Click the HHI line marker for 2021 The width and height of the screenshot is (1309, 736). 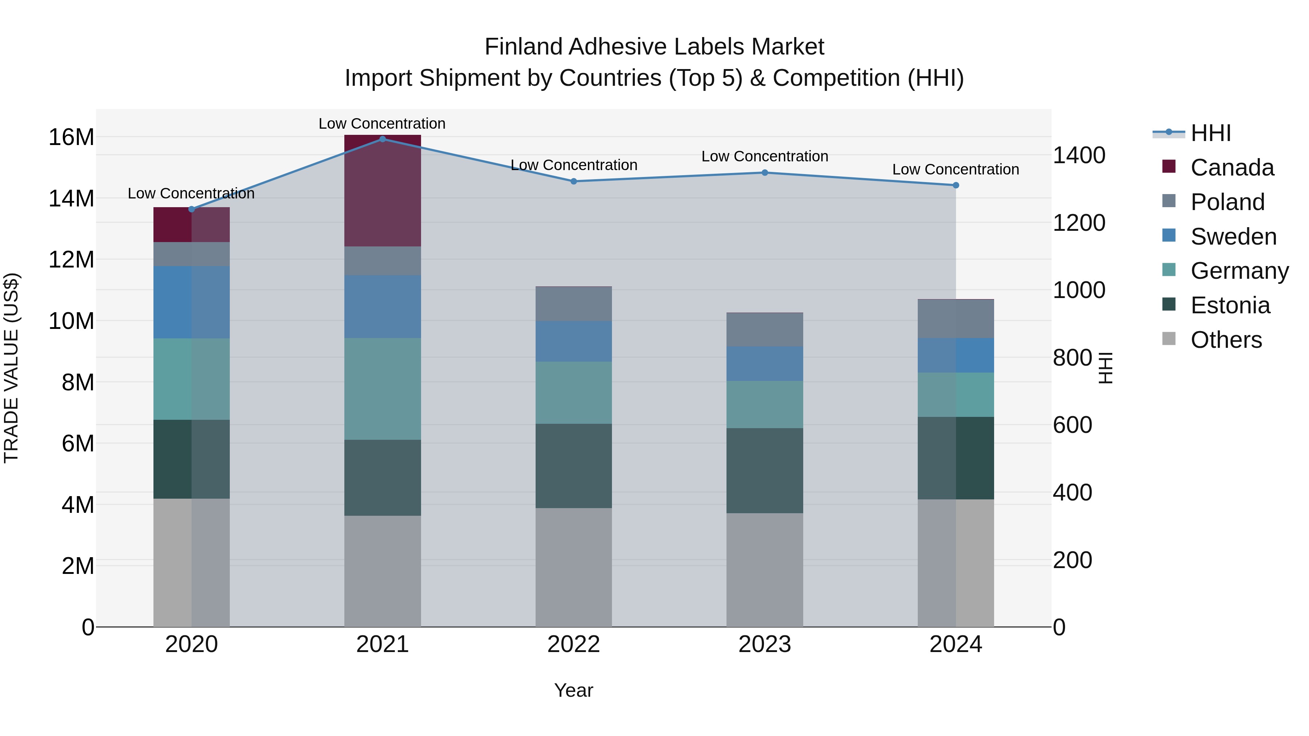383,139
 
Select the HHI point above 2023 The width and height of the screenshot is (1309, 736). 765,173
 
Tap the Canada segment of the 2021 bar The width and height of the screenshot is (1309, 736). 383,191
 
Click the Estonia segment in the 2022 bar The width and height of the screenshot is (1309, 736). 574,466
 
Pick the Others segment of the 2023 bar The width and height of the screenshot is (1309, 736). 765,570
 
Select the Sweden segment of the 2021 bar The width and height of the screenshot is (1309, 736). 383,307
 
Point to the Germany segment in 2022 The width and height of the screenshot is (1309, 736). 574,393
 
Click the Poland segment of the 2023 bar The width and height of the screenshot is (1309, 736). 765,330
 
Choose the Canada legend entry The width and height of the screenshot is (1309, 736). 1232,168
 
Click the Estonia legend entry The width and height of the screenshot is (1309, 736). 1230,305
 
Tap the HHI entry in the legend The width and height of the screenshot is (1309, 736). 1210,133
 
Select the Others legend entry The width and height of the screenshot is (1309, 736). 1226,340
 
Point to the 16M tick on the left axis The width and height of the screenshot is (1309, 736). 71,137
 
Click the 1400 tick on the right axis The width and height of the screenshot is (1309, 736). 1079,156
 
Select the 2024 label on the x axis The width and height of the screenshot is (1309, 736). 955,644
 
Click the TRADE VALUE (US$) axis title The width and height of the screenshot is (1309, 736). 11,368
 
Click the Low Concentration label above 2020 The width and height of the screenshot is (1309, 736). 191,193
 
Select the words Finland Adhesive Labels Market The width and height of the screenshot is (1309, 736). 654,47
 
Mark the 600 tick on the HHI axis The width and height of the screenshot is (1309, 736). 1072,425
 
